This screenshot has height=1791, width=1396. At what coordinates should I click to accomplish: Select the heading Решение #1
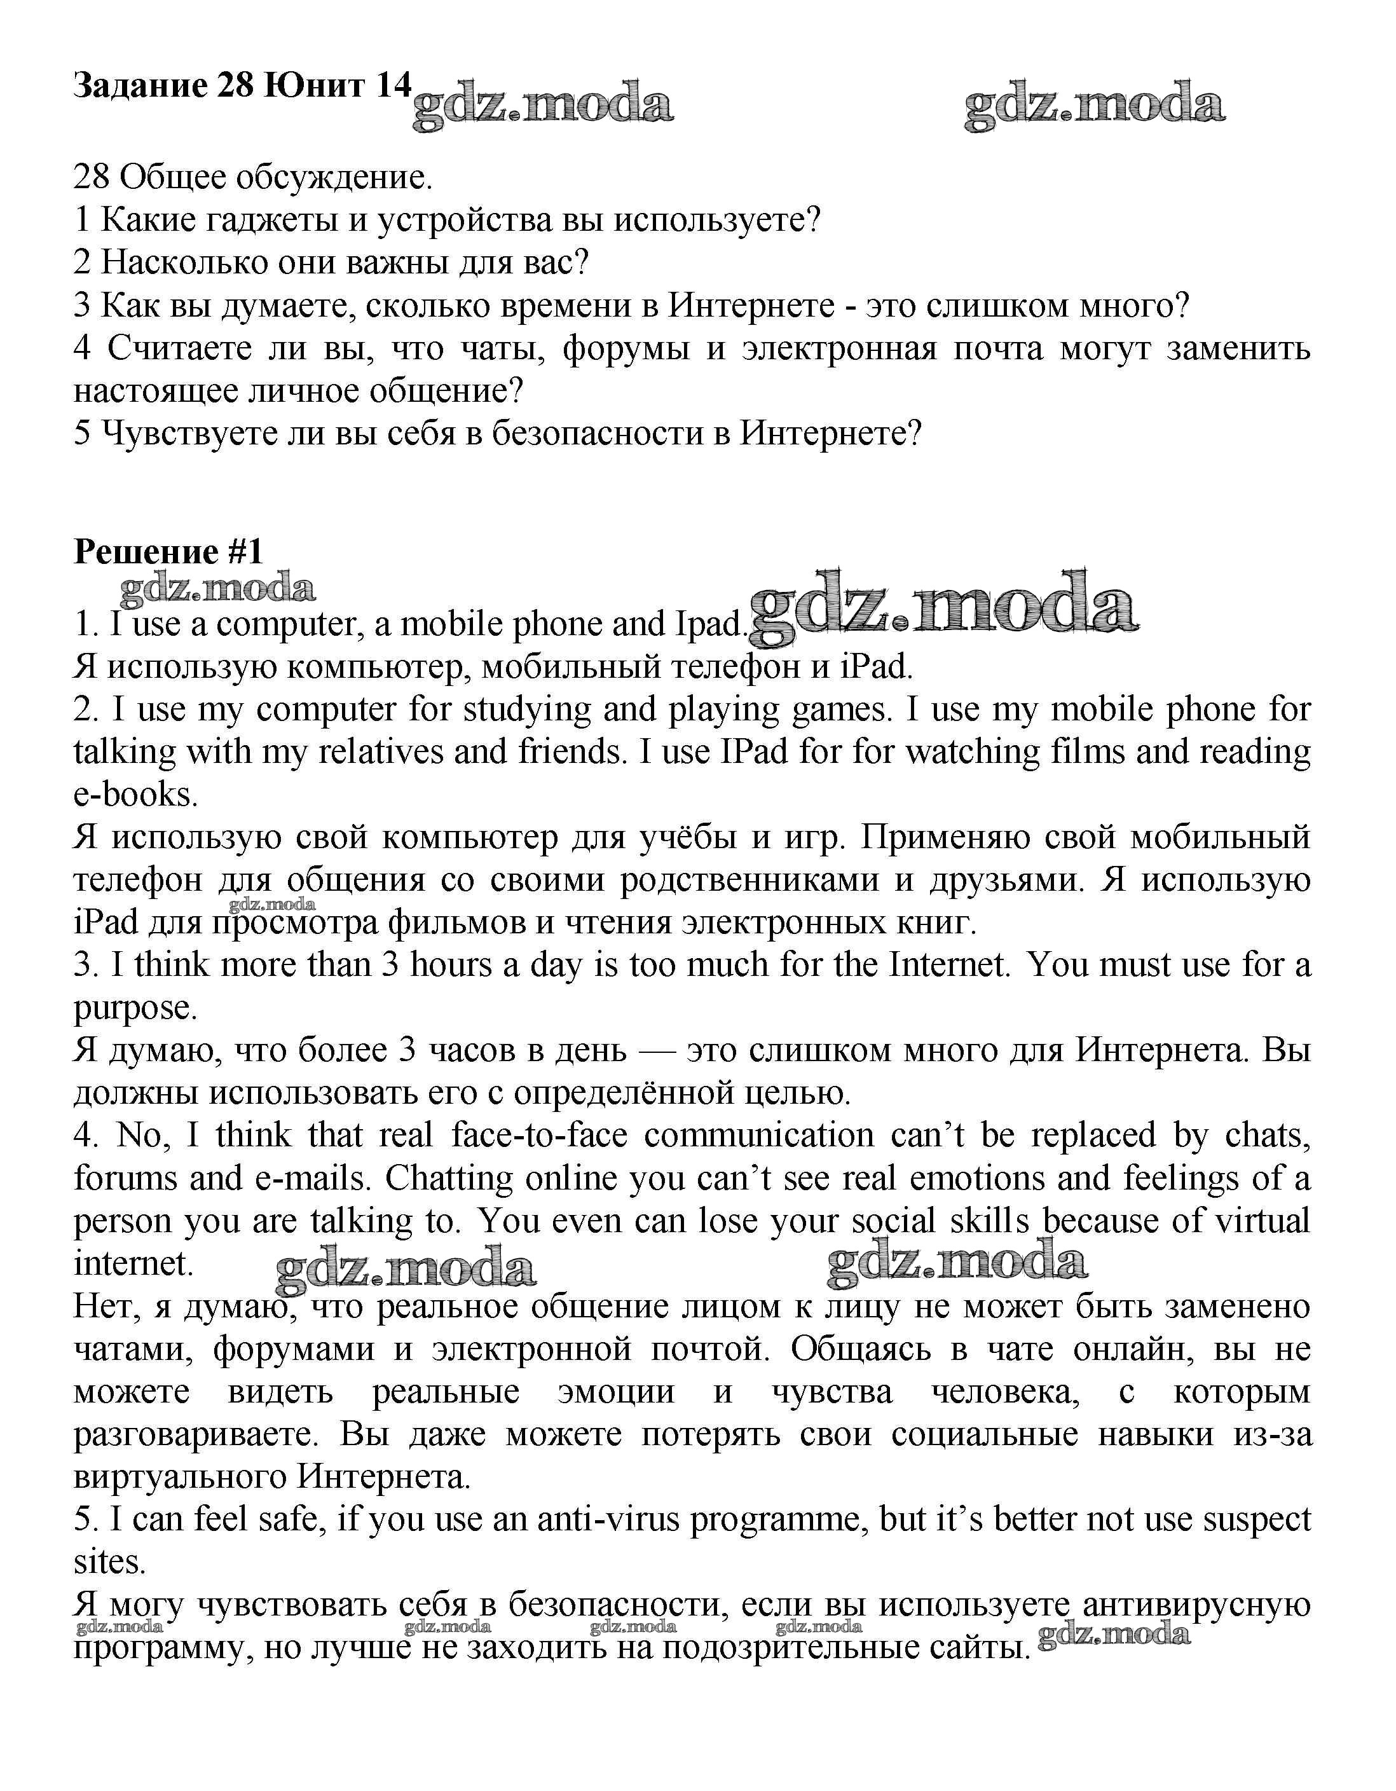pos(168,552)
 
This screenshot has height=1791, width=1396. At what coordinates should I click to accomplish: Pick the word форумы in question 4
pos(625,348)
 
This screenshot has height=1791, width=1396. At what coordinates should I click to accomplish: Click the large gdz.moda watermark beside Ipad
pos(943,608)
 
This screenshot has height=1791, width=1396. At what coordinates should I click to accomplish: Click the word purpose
pos(135,1008)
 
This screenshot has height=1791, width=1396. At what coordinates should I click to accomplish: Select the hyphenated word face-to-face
pos(538,1136)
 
